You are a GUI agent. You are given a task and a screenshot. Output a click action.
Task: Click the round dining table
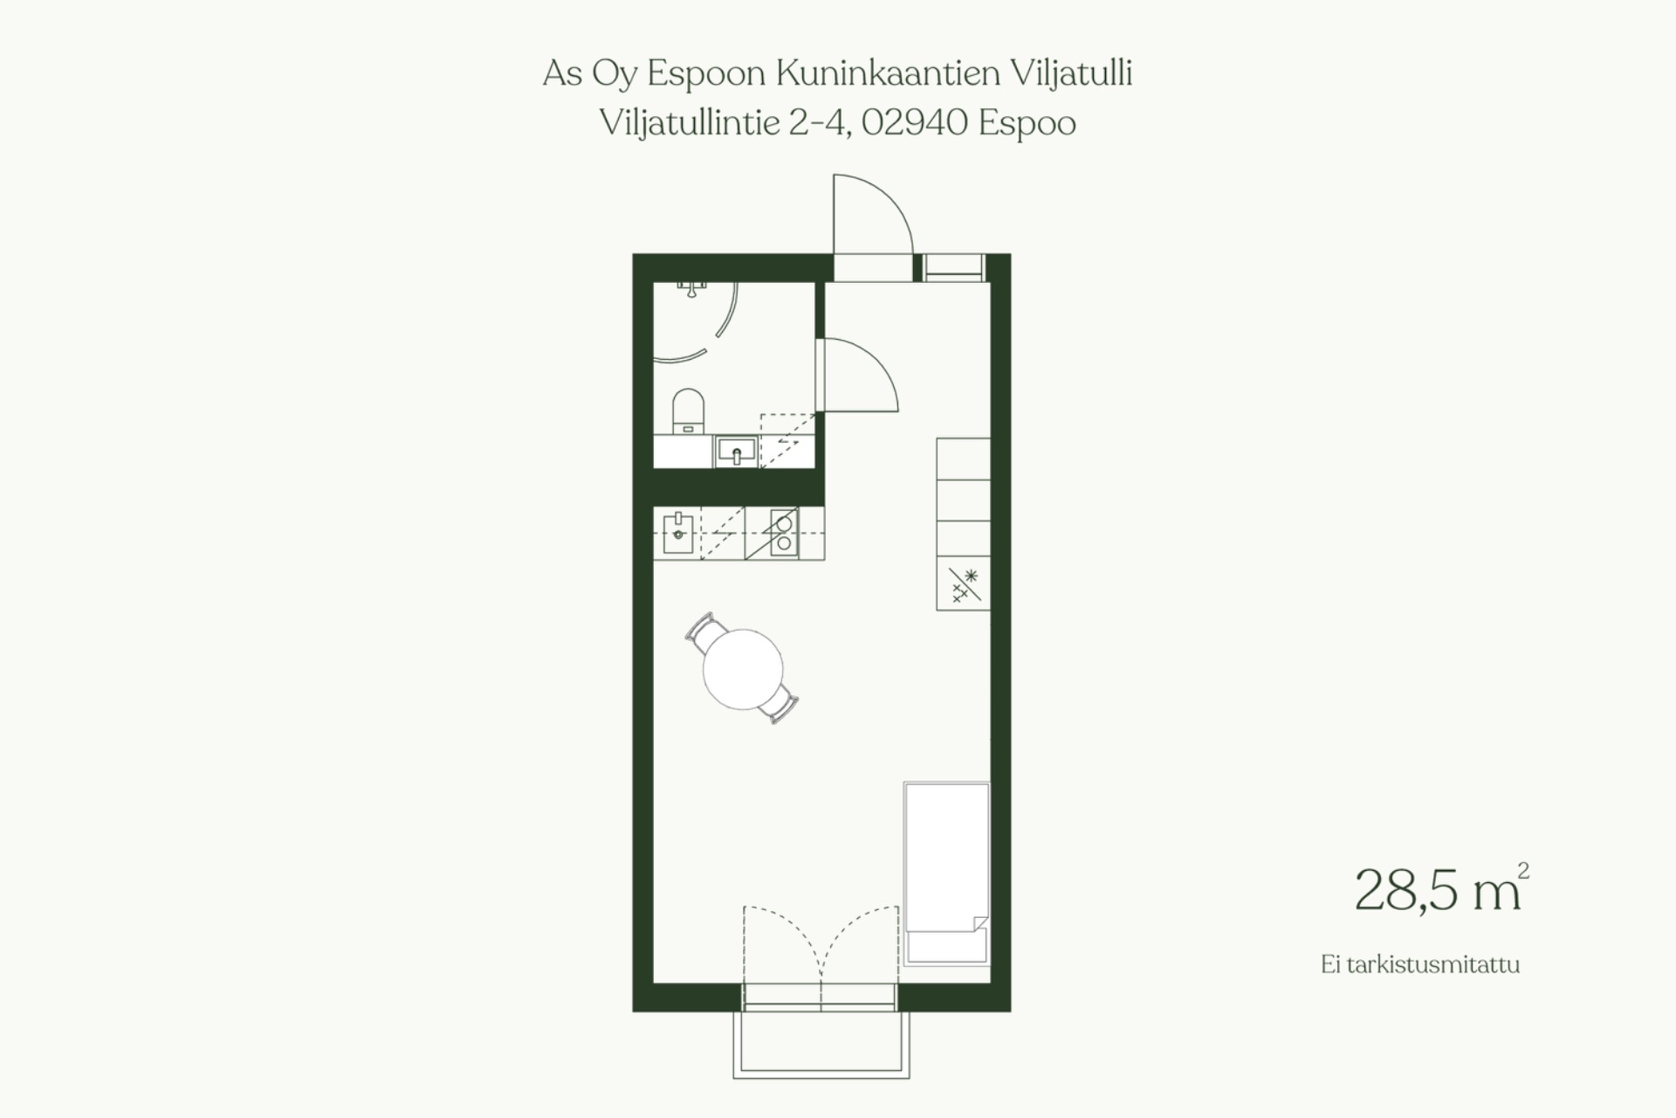point(743,669)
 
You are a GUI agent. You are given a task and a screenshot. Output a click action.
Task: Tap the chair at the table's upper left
point(704,631)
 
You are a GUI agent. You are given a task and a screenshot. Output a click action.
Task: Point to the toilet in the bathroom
point(689,411)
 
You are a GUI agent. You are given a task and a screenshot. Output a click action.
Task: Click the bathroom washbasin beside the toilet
point(737,452)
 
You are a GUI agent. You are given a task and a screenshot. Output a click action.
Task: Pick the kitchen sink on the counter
point(678,533)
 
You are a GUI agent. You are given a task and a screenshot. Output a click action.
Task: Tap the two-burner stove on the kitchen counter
point(782,533)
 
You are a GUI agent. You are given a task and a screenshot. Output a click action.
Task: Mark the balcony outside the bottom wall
point(821,1045)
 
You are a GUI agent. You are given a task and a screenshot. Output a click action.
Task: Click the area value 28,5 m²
point(1441,888)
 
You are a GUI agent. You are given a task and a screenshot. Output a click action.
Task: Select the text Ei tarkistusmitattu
point(1420,965)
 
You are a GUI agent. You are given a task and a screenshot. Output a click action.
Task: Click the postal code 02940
point(914,123)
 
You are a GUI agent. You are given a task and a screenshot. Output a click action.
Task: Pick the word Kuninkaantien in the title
point(888,73)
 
